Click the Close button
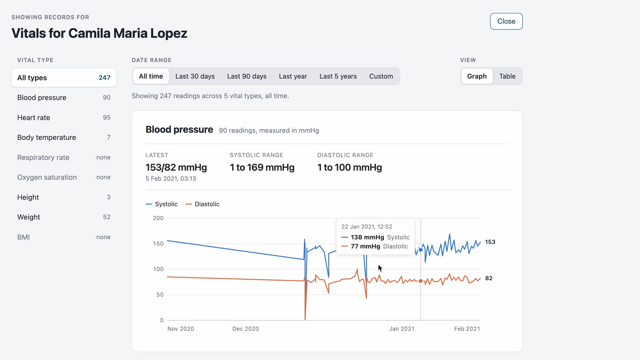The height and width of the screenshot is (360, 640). point(506,21)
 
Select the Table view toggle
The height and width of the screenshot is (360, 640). point(507,76)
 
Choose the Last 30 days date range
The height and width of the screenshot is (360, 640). point(195,76)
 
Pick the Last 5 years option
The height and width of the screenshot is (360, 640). point(338,76)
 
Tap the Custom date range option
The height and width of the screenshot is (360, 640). point(381,76)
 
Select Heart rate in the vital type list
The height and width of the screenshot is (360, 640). point(64,117)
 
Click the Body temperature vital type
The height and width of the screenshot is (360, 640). point(64,137)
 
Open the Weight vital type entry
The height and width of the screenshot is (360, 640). point(64,217)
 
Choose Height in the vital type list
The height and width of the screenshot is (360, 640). point(64,197)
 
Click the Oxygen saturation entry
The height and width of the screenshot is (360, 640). point(64,177)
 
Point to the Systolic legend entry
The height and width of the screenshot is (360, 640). point(161,204)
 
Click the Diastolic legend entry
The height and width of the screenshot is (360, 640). point(202,204)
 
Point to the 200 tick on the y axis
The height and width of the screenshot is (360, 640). point(158,218)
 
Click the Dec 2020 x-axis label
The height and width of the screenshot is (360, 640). point(245,328)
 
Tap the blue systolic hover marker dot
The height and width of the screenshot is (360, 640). point(421,250)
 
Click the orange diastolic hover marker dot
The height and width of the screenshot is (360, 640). point(421,281)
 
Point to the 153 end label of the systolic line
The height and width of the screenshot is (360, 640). point(490,242)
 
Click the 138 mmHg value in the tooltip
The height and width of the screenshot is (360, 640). point(367,237)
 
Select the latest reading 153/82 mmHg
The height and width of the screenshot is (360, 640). point(176,167)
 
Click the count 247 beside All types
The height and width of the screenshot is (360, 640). point(104,78)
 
